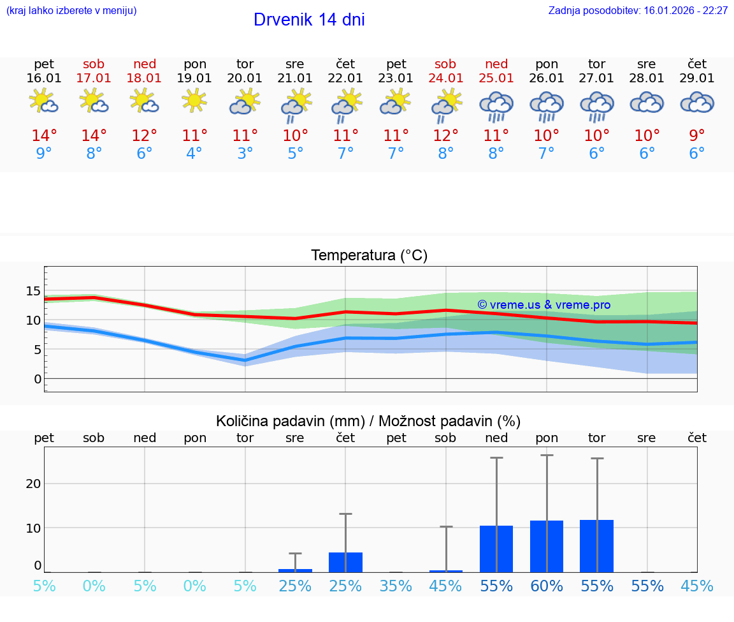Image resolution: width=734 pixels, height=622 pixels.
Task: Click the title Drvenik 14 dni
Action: (309, 20)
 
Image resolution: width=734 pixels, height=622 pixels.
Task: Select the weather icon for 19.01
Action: (194, 100)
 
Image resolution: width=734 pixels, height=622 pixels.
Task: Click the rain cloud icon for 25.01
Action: (496, 105)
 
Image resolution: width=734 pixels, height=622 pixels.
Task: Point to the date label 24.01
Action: (445, 78)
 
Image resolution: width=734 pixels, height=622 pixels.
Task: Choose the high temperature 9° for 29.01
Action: (697, 136)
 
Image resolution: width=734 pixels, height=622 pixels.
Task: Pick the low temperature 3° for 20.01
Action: (245, 154)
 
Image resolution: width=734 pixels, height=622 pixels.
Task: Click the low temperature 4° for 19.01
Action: (194, 154)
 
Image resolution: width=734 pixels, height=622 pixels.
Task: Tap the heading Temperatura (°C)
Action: (369, 255)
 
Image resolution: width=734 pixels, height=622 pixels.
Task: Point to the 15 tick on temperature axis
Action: (33, 291)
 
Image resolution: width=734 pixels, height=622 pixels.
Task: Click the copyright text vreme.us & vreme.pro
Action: (543, 305)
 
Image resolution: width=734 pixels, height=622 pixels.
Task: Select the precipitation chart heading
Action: (368, 421)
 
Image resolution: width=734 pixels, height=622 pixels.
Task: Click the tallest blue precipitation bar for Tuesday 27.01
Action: (596, 546)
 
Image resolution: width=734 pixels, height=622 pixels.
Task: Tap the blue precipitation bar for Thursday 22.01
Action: (345, 562)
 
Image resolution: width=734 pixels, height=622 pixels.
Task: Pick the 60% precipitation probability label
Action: (547, 586)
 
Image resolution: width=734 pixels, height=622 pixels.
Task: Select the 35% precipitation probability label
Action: (396, 586)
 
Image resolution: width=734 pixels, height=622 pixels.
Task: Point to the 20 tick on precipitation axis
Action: (33, 483)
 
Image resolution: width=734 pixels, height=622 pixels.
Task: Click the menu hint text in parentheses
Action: (71, 11)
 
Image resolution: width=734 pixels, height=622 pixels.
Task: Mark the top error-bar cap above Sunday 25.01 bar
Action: (496, 457)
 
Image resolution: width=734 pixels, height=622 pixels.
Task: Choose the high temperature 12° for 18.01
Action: (145, 136)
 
